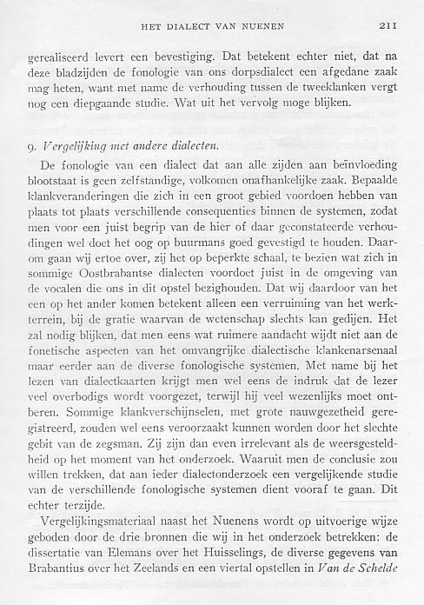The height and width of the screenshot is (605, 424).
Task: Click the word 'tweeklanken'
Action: pyautogui.click(x=335, y=90)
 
